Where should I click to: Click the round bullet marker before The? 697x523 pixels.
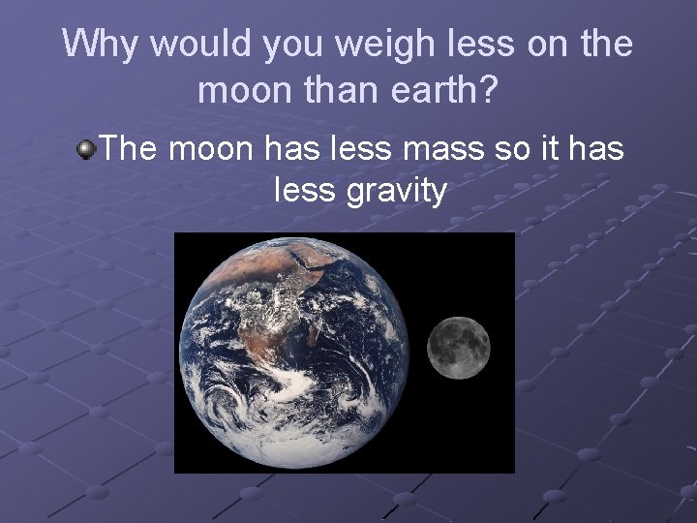[88, 149]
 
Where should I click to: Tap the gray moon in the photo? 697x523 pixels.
[459, 348]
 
